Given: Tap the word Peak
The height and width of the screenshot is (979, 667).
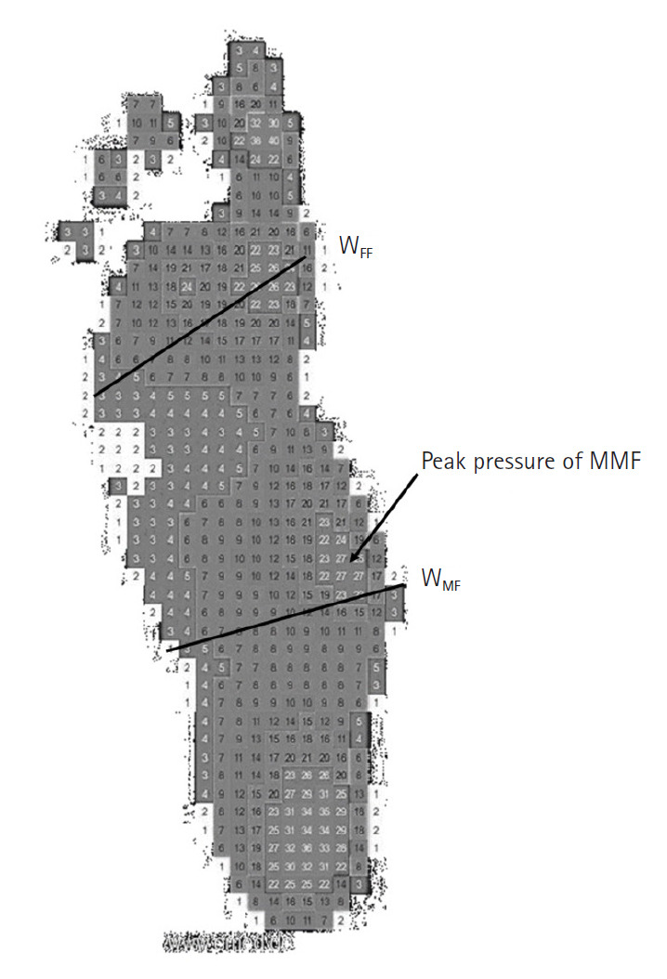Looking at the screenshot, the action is tap(444, 462).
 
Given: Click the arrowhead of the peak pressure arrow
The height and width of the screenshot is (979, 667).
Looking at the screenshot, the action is tap(353, 559).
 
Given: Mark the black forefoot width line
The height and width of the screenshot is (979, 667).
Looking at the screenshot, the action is tap(200, 325).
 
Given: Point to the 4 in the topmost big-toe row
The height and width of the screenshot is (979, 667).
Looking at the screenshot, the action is tap(257, 49).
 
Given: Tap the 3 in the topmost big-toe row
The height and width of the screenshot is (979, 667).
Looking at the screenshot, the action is tap(241, 49).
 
